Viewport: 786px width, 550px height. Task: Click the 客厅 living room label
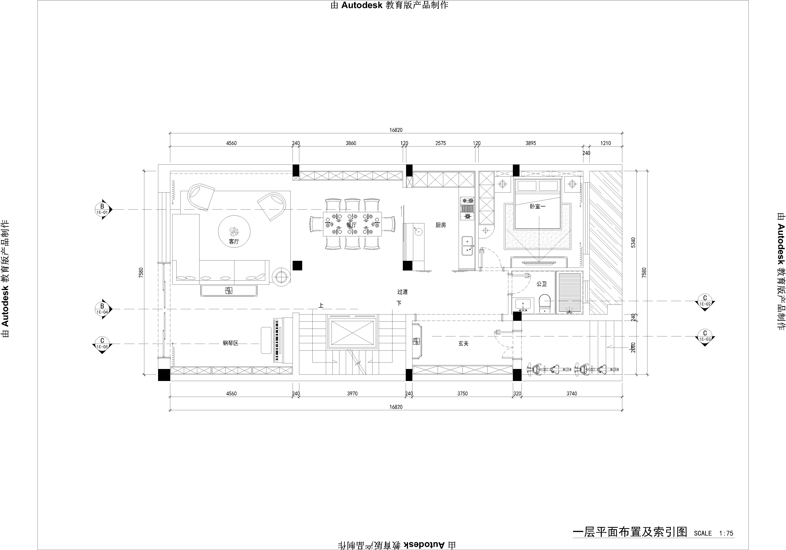pos(234,242)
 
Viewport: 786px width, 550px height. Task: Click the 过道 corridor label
pos(403,292)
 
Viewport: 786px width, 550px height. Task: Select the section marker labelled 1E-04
pos(102,309)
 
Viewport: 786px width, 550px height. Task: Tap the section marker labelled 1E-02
pos(705,301)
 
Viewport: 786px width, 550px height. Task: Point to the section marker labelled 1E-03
pos(705,336)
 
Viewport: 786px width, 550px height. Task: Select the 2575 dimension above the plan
pos(441,143)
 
